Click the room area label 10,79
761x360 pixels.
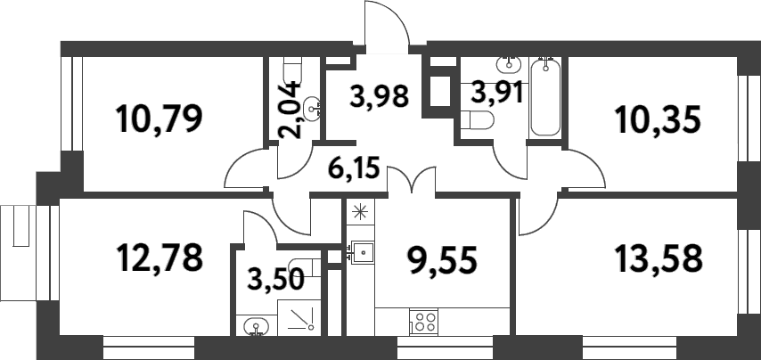point(161,118)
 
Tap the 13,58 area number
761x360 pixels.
point(659,258)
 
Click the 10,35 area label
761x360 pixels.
point(659,118)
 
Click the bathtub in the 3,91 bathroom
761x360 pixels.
point(545,98)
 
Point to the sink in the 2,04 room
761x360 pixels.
point(312,109)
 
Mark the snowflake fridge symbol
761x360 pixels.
point(360,211)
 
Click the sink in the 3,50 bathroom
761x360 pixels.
point(255,327)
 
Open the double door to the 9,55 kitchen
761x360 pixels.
point(412,182)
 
